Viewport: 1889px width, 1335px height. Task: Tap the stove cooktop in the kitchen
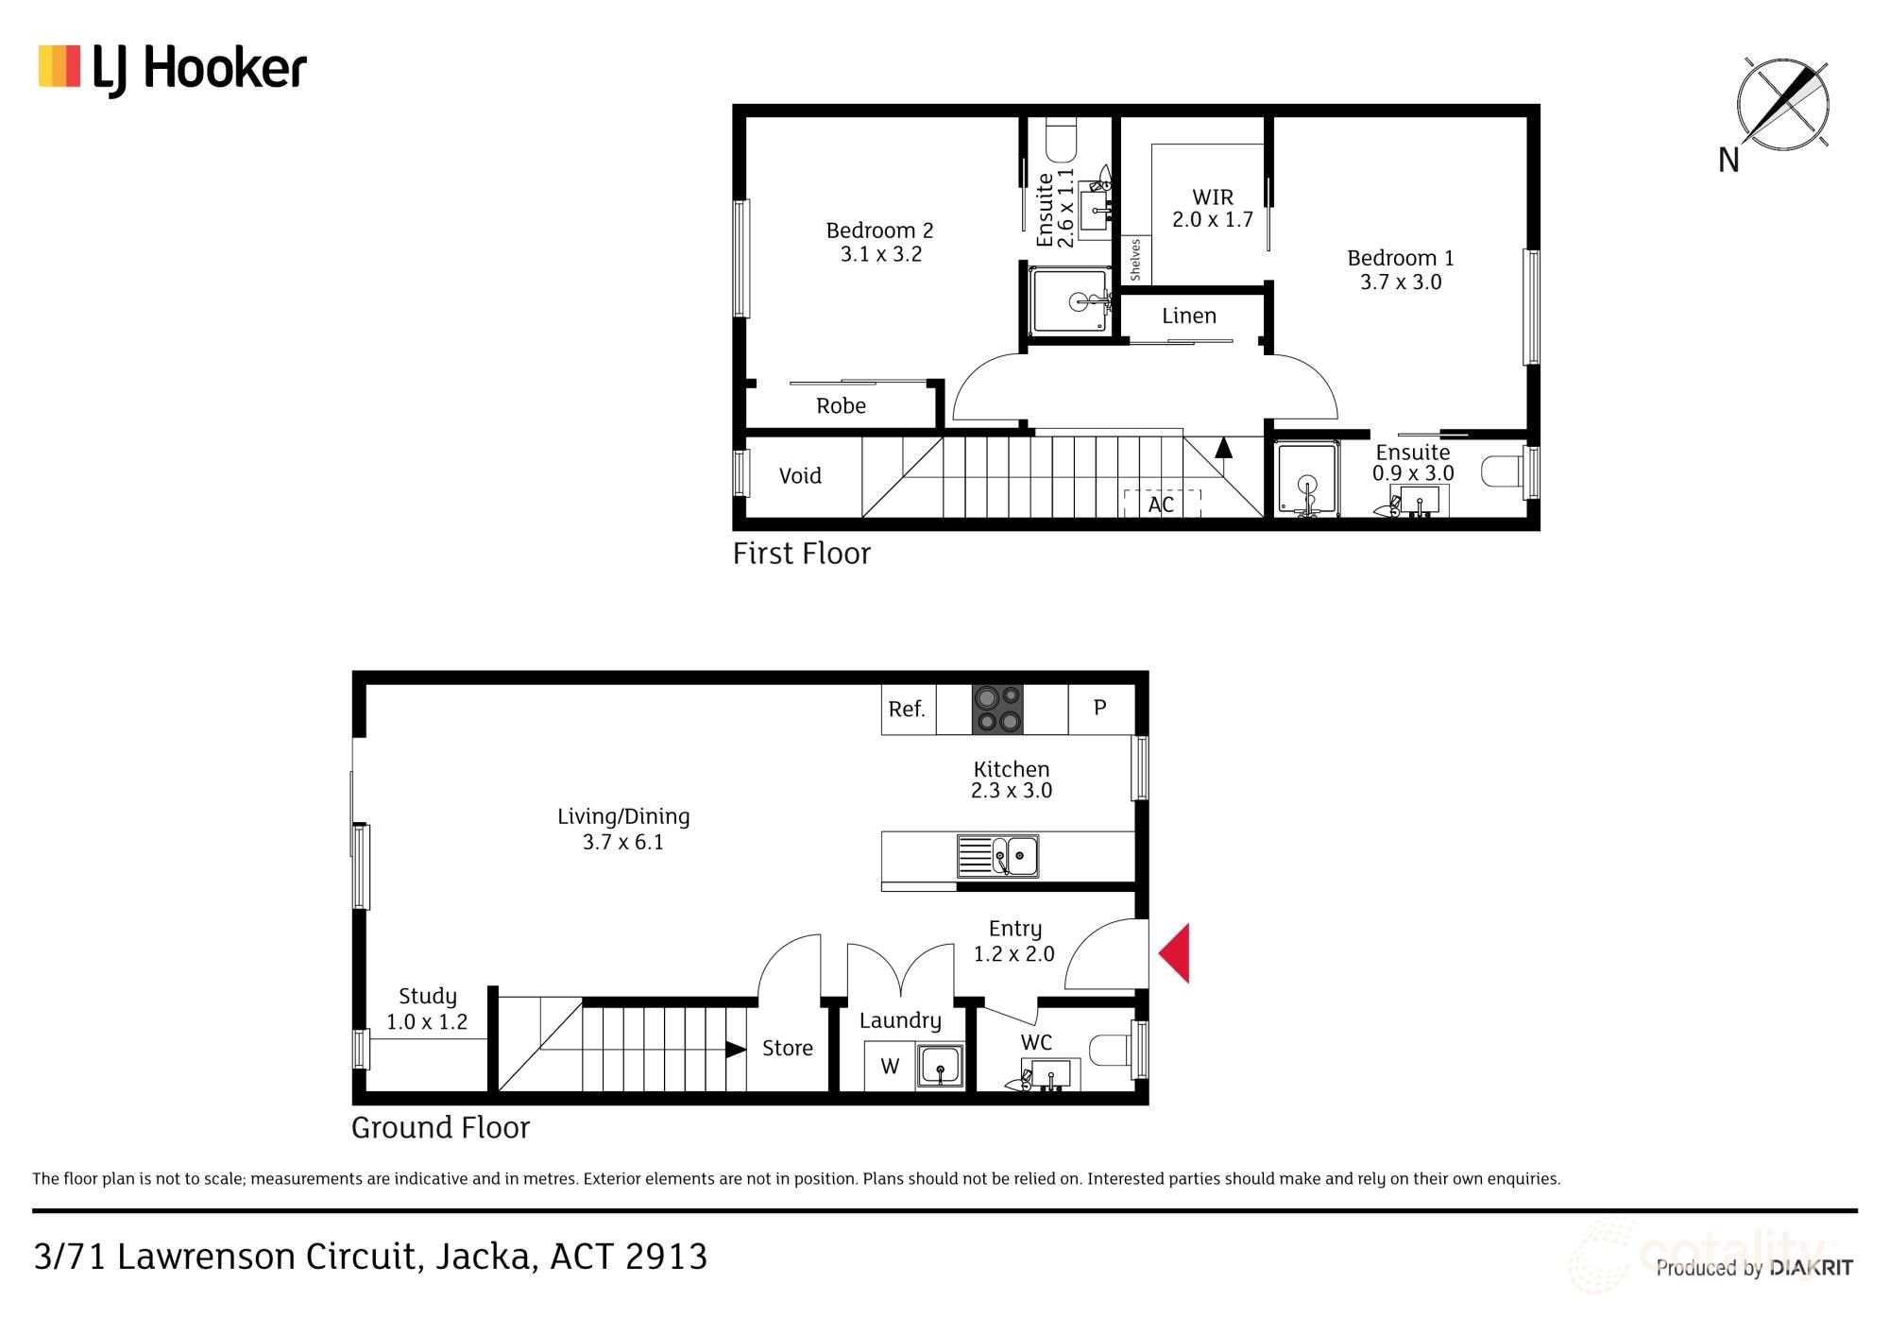(x=997, y=709)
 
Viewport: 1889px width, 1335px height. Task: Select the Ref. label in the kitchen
(x=907, y=709)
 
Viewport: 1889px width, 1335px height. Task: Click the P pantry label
(x=1099, y=708)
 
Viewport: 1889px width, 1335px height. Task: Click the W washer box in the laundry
(x=889, y=1067)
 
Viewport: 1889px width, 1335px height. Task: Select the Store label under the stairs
(x=787, y=1048)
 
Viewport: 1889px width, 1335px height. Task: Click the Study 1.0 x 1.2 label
(x=427, y=1008)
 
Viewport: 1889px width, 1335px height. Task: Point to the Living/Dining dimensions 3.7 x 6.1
(x=622, y=842)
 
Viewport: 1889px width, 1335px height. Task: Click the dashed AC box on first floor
(x=1161, y=505)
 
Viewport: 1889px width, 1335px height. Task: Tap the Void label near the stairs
(x=799, y=476)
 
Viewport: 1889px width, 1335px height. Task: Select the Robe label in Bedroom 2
(x=841, y=406)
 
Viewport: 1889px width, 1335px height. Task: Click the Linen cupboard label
(x=1188, y=317)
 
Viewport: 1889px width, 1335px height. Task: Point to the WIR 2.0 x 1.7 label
(x=1212, y=208)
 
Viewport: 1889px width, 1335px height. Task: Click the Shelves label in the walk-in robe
(x=1135, y=260)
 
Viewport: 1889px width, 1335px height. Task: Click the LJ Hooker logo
(x=172, y=69)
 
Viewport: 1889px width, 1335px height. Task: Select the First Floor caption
(x=801, y=554)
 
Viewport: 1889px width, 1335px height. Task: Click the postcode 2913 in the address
(x=666, y=1257)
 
